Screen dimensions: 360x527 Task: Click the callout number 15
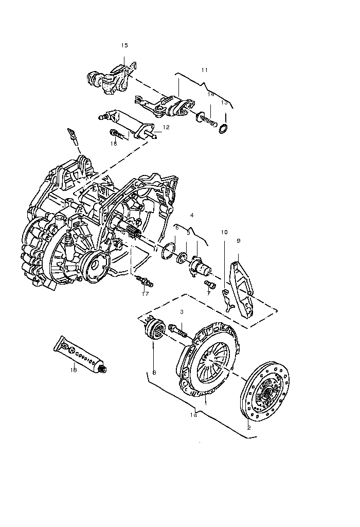point(124,45)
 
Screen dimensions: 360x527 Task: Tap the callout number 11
point(205,70)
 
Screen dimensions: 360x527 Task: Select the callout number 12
point(166,127)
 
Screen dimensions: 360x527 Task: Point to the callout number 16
point(114,144)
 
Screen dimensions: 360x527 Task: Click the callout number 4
point(192,215)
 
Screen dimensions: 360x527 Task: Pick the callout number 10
point(224,232)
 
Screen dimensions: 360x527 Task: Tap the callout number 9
point(239,241)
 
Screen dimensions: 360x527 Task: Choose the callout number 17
point(145,294)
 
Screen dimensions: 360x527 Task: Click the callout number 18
point(74,370)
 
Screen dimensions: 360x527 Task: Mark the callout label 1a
point(193,415)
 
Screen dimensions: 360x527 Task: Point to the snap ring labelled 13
point(223,128)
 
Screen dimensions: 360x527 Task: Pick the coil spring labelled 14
point(206,119)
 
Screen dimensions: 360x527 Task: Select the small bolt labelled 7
point(209,284)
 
